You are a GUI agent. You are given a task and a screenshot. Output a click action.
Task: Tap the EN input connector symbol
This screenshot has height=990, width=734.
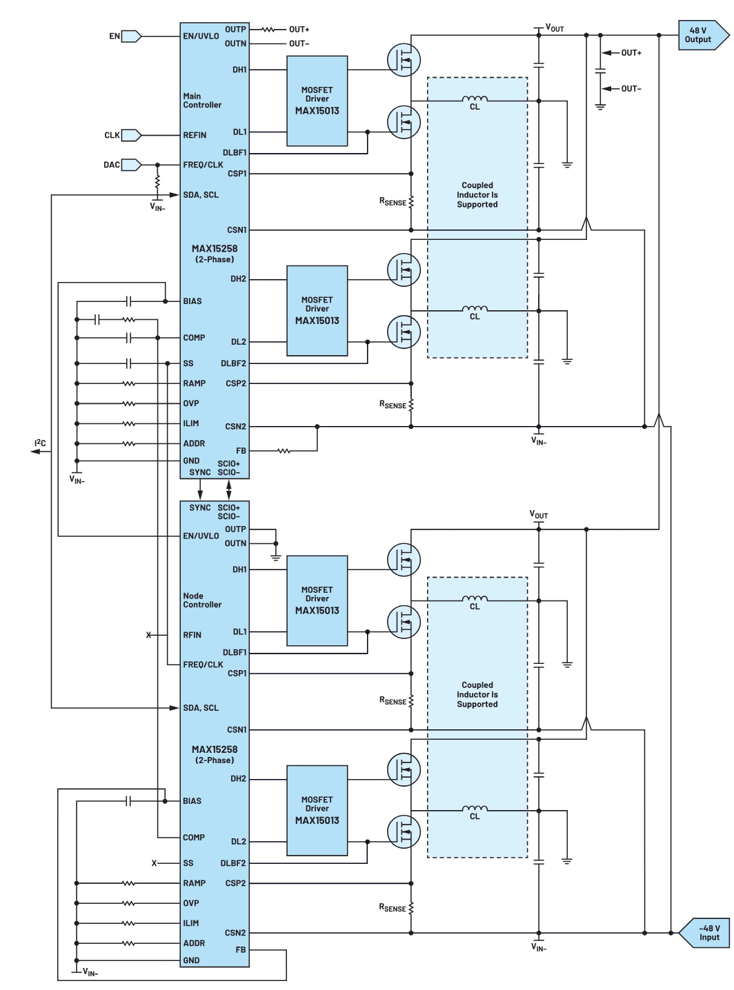131,36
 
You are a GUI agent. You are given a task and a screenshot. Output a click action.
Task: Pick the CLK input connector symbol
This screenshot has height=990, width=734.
131,135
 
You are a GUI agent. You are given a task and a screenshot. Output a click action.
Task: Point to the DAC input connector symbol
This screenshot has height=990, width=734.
131,165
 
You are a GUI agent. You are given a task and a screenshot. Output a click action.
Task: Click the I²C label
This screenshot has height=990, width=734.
40,443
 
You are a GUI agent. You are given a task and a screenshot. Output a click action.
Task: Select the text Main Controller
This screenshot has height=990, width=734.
202,101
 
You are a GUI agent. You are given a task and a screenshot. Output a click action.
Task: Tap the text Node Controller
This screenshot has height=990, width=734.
202,600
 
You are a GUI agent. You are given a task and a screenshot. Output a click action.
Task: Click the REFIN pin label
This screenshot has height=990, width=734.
195,135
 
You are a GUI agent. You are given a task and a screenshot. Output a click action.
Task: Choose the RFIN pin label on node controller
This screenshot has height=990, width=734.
192,635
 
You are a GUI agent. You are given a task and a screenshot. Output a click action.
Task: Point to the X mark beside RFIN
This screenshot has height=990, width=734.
149,635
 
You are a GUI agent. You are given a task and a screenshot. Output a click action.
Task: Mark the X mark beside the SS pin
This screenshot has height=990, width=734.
154,863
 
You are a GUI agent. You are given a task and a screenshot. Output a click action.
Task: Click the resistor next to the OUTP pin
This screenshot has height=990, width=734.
268,30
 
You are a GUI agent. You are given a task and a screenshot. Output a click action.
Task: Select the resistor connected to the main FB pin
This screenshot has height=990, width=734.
284,452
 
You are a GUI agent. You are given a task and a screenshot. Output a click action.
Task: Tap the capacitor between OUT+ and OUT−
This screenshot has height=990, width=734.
600,70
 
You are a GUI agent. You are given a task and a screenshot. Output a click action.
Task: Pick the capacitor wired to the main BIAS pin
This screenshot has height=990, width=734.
128,302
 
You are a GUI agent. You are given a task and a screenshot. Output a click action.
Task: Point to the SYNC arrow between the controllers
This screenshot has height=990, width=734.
200,489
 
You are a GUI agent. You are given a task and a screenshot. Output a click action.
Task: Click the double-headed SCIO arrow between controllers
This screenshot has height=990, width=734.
229,489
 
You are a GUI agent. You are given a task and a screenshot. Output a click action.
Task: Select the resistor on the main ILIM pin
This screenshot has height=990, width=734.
129,423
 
